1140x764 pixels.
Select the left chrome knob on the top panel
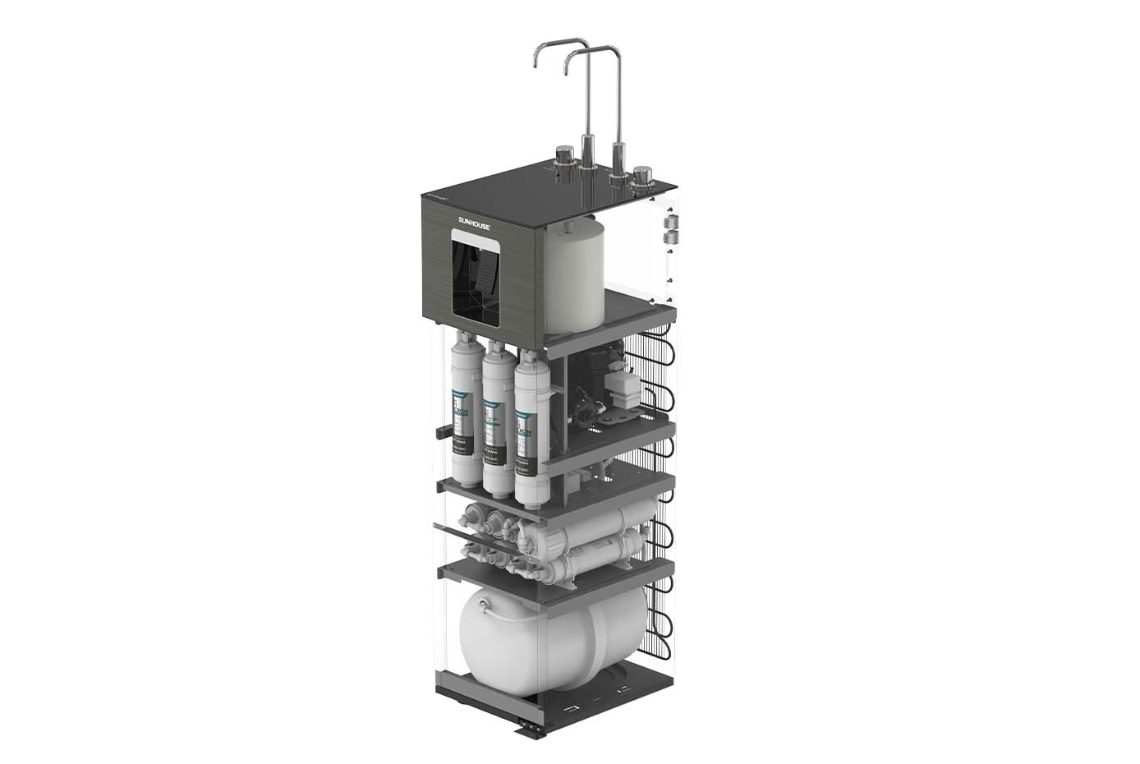point(563,156)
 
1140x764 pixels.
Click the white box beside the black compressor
point(625,386)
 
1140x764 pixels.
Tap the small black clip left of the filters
point(439,430)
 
